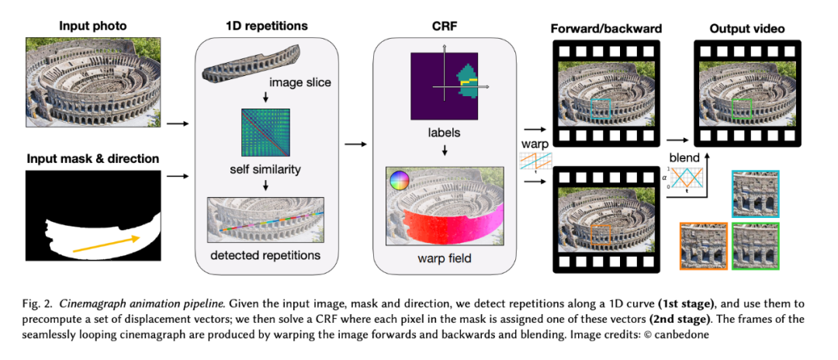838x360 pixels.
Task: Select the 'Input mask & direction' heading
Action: click(93, 159)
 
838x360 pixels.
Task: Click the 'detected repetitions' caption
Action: click(265, 255)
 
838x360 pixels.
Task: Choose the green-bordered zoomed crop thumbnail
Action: click(756, 246)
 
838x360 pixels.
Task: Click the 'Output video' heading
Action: click(746, 28)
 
